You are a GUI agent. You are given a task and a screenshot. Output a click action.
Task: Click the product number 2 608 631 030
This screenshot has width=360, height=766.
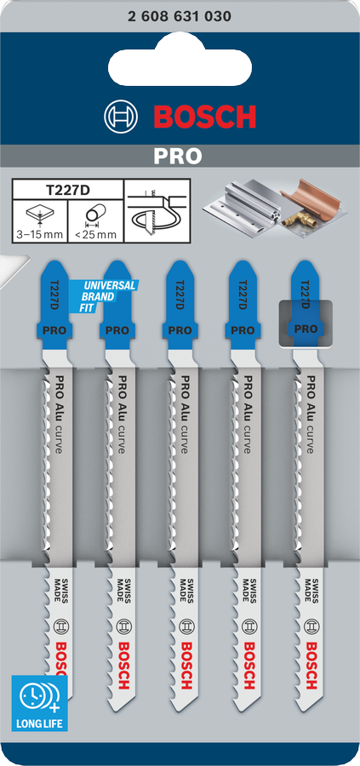(x=180, y=17)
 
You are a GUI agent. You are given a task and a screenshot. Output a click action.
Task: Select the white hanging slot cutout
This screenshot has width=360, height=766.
(x=180, y=64)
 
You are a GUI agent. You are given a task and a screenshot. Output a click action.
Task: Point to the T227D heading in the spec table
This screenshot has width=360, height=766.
(x=67, y=189)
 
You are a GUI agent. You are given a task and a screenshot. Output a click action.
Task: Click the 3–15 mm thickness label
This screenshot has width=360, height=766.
(x=39, y=235)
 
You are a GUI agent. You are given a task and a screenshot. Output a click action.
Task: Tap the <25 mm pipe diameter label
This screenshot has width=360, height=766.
(x=95, y=235)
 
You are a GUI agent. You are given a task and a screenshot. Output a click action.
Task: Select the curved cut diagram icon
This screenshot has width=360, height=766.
(x=157, y=210)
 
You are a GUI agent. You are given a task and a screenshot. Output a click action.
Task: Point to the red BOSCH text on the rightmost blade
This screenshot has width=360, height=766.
(x=311, y=665)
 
